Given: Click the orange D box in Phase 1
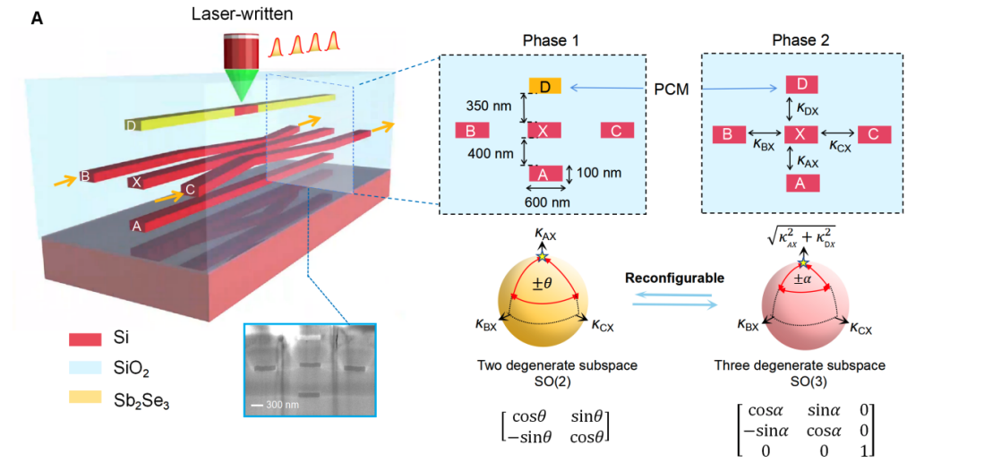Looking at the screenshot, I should (x=545, y=86).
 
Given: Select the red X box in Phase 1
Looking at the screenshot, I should (x=545, y=131).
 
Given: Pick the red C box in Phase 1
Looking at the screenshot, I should (x=617, y=131).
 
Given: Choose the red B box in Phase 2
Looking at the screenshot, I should (x=730, y=134).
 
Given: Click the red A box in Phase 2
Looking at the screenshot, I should (x=801, y=183).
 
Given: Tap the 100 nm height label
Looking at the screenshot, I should (x=597, y=172).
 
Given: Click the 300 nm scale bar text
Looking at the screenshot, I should (x=277, y=406).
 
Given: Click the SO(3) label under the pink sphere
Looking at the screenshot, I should (x=800, y=381).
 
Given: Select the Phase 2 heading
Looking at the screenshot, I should (x=798, y=41).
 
